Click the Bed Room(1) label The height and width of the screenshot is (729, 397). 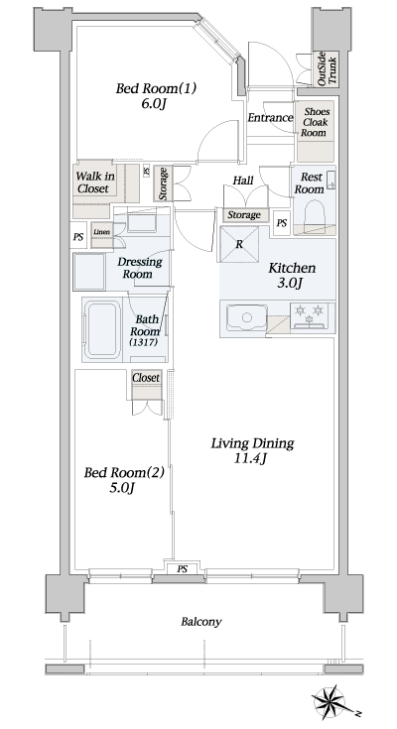(x=157, y=88)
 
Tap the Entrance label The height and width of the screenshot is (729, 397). (x=270, y=118)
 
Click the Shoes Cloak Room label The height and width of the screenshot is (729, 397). (x=316, y=123)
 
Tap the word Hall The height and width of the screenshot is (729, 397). (x=243, y=181)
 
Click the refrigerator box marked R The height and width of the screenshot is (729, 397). (x=240, y=243)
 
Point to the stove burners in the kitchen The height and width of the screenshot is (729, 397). (x=310, y=315)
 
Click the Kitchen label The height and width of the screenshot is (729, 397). (x=292, y=268)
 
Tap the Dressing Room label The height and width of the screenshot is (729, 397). (x=141, y=268)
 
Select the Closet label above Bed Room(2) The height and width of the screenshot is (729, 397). (x=146, y=378)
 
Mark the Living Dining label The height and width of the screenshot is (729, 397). (x=252, y=443)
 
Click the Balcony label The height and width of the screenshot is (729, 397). (x=200, y=622)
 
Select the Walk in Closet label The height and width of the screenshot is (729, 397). (x=94, y=182)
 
